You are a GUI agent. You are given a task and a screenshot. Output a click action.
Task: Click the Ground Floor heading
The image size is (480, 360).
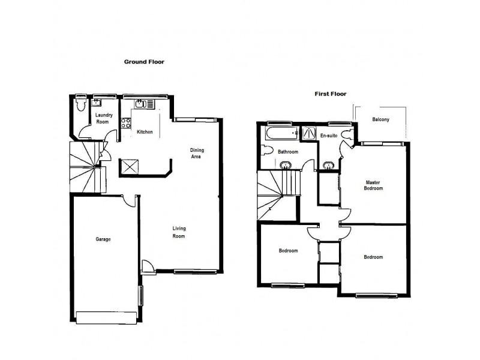144,62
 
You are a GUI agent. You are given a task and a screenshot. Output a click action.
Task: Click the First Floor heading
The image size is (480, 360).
331,94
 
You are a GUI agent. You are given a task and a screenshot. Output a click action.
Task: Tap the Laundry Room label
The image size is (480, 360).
103,119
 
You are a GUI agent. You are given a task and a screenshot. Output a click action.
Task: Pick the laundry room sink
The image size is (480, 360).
97,102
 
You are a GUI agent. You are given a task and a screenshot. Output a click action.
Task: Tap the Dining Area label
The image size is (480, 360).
196,154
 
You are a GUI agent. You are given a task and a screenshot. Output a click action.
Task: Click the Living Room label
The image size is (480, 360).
179,232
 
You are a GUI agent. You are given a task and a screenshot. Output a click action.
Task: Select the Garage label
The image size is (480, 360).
103,239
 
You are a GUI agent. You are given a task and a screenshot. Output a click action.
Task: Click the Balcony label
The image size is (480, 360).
380,119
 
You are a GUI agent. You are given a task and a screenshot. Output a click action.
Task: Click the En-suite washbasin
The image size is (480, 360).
328,165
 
